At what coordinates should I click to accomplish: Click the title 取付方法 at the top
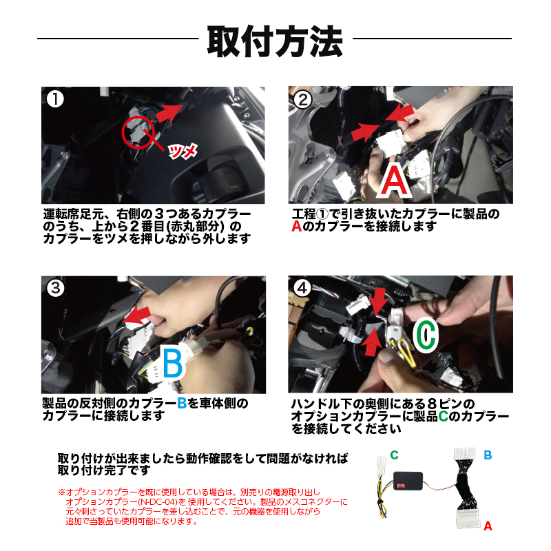[275, 41]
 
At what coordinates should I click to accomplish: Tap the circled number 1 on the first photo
[55, 99]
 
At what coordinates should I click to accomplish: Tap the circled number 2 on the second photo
[302, 100]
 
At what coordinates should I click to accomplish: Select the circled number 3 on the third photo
[56, 289]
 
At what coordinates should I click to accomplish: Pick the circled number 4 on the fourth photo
[302, 289]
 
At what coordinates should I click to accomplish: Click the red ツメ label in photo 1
[183, 151]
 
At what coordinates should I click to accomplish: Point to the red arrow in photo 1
[169, 113]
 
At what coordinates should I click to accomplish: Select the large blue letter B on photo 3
[173, 363]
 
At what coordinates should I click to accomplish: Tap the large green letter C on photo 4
[426, 335]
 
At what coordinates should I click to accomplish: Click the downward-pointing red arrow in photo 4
[379, 302]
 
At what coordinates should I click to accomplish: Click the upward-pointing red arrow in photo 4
[373, 342]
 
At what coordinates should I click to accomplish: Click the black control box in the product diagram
[408, 481]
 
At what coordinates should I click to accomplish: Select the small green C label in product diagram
[394, 455]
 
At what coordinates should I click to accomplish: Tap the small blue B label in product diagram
[488, 455]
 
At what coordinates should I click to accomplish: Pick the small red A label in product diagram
[488, 526]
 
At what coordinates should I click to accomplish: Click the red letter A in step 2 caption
[297, 227]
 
